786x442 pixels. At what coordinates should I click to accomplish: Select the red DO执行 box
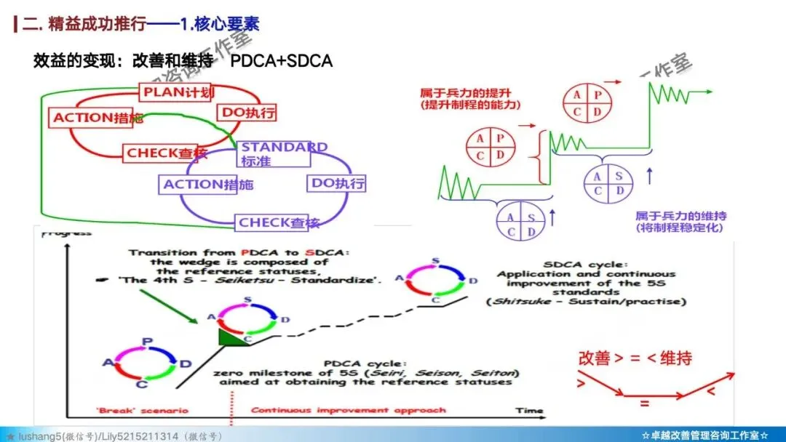(247, 113)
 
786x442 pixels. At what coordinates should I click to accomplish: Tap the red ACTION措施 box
(98, 118)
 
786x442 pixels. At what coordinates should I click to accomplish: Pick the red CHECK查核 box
(166, 153)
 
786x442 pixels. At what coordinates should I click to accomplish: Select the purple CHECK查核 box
(278, 222)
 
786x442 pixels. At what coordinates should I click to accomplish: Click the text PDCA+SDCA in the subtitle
(281, 60)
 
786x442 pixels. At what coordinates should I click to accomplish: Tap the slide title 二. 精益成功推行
(83, 23)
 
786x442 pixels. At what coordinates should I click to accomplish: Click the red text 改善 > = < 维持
(635, 358)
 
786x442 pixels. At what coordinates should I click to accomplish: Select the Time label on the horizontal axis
(529, 411)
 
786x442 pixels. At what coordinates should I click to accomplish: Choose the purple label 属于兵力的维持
(680, 216)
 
